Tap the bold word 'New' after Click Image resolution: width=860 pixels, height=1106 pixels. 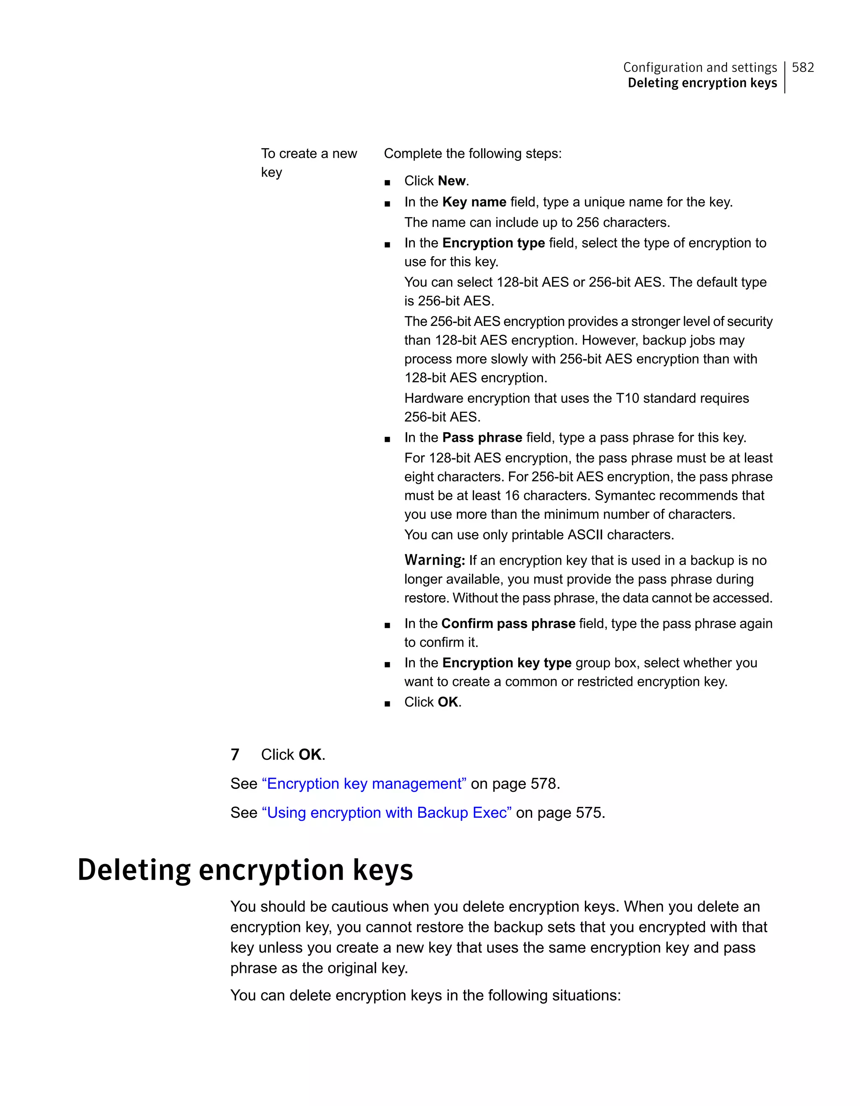451,181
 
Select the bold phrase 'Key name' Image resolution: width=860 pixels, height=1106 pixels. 474,202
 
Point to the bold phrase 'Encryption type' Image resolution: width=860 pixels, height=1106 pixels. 493,243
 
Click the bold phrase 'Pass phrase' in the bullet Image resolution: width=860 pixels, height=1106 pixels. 482,438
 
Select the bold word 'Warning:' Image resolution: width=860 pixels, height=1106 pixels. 434,560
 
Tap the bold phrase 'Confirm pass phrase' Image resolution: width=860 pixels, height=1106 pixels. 508,623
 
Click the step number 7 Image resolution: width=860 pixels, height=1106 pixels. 235,754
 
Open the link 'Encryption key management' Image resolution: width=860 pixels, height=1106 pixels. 364,784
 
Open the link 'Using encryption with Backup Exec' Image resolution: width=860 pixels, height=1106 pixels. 386,813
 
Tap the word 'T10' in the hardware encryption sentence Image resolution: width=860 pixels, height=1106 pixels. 627,399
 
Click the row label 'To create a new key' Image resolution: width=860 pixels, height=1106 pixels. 308,162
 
